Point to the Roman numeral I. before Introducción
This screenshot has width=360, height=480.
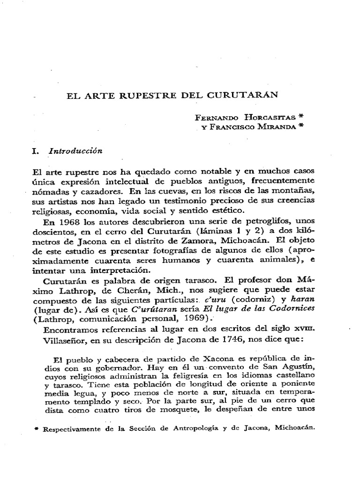click(x=34, y=151)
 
